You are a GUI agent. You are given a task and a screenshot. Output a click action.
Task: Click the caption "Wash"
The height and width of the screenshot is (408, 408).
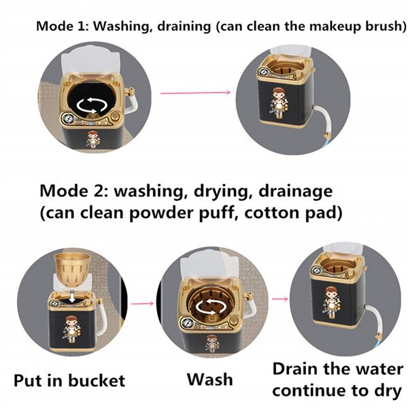click(210, 379)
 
